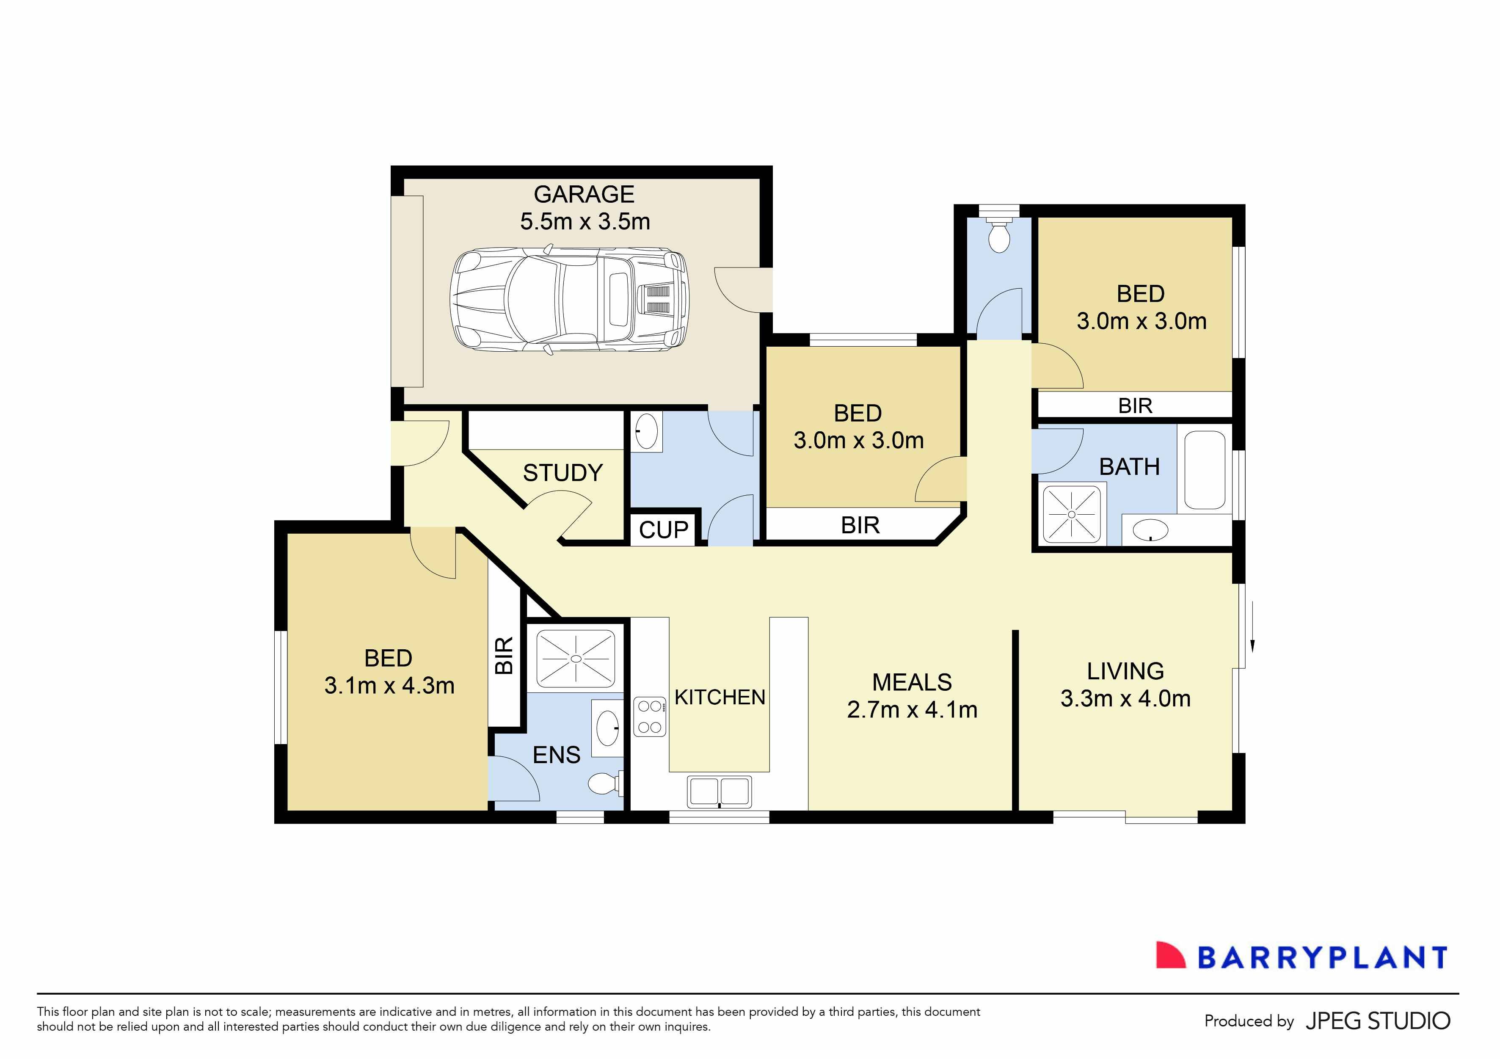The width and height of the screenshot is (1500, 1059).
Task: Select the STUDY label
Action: pyautogui.click(x=562, y=472)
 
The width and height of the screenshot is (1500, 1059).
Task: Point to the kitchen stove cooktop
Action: pyautogui.click(x=649, y=717)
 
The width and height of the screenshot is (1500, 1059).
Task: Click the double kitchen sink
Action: pyautogui.click(x=719, y=791)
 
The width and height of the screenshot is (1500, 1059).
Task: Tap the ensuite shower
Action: pyautogui.click(x=575, y=659)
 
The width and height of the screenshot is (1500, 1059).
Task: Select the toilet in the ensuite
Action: pyautogui.click(x=604, y=783)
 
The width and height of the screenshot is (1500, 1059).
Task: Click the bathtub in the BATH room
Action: pyautogui.click(x=1204, y=470)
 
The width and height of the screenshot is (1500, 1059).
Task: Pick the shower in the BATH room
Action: pyautogui.click(x=1071, y=515)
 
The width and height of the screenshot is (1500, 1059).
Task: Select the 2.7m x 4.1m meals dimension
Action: pyautogui.click(x=912, y=709)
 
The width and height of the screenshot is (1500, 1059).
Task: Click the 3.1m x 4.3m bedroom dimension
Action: pyautogui.click(x=389, y=685)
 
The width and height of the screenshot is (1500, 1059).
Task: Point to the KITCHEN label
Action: pyautogui.click(x=719, y=697)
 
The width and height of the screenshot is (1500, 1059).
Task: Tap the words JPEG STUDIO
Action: pyautogui.click(x=1377, y=1021)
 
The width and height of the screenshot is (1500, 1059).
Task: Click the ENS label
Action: pyautogui.click(x=556, y=755)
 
